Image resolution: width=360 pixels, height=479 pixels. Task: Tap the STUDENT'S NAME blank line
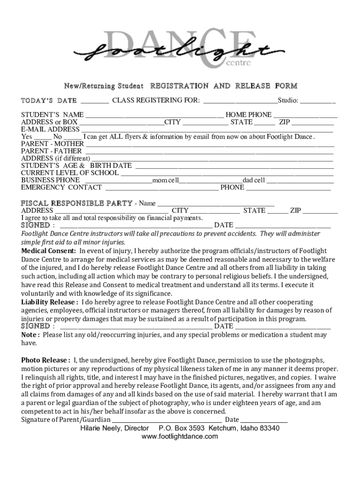[154, 115]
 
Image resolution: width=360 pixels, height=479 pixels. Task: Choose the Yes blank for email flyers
[42, 137]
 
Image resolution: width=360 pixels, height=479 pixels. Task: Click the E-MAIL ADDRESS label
[50, 130]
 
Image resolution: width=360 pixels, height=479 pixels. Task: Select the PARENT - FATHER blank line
[209, 152]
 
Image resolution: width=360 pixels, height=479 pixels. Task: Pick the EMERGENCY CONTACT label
[61, 188]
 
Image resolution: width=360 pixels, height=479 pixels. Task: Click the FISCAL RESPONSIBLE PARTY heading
[77, 203]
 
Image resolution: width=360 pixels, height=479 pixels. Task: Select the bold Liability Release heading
[50, 302]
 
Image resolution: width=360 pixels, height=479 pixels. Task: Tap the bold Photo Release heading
[46, 360]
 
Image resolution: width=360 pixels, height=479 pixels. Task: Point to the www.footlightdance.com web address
[180, 437]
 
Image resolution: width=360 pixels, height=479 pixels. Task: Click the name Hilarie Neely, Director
[115, 428]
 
